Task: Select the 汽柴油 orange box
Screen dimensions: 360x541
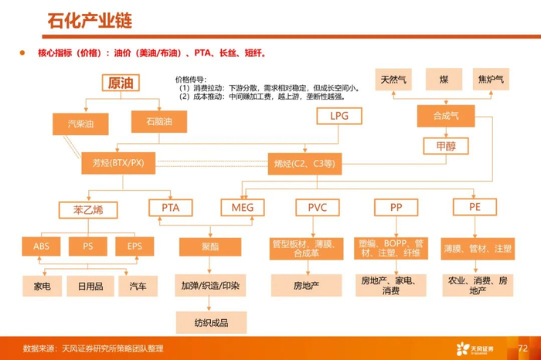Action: (x=83, y=124)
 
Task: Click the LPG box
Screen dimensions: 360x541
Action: (x=340, y=116)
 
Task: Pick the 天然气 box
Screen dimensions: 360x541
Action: (x=396, y=80)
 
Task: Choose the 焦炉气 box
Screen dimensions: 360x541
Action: (x=492, y=80)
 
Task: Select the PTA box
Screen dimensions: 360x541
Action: (x=171, y=208)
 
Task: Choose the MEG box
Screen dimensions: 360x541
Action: (x=243, y=208)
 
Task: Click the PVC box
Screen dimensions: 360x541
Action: (x=318, y=208)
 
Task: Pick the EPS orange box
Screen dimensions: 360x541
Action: (x=134, y=246)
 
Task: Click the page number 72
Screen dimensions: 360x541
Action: (x=522, y=348)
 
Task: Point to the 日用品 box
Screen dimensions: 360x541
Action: (x=86, y=286)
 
